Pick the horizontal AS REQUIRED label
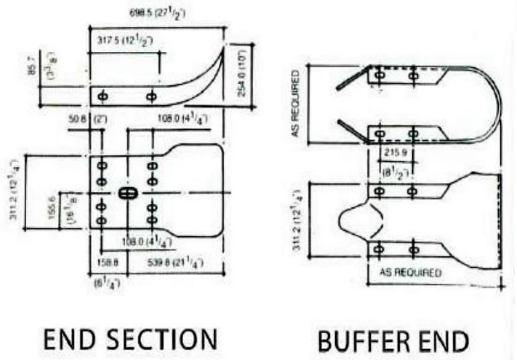click(410, 273)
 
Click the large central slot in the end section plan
click(127, 193)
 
